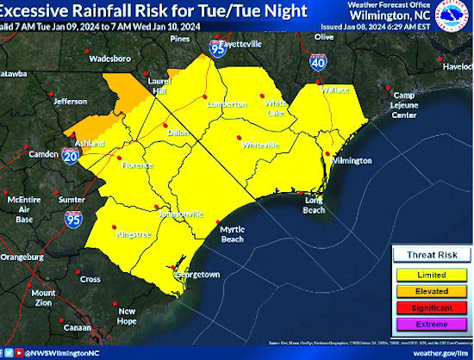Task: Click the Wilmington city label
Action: coord(352,161)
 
